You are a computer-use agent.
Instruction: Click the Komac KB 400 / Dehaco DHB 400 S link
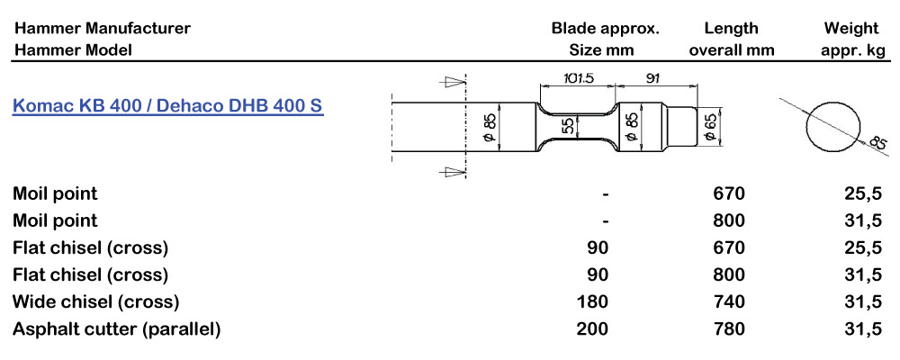(167, 105)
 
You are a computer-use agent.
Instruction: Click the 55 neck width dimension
(568, 126)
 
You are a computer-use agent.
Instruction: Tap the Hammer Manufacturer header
(103, 28)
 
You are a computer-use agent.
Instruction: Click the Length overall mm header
(731, 39)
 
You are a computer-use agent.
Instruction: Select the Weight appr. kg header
(851, 39)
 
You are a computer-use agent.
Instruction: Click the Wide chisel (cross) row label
(96, 301)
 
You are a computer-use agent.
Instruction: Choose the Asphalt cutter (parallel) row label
(117, 329)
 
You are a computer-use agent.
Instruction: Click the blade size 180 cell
(595, 301)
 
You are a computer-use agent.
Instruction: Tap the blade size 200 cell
(595, 329)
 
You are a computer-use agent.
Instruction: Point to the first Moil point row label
(55, 193)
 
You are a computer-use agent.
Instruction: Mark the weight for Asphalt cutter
(862, 329)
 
